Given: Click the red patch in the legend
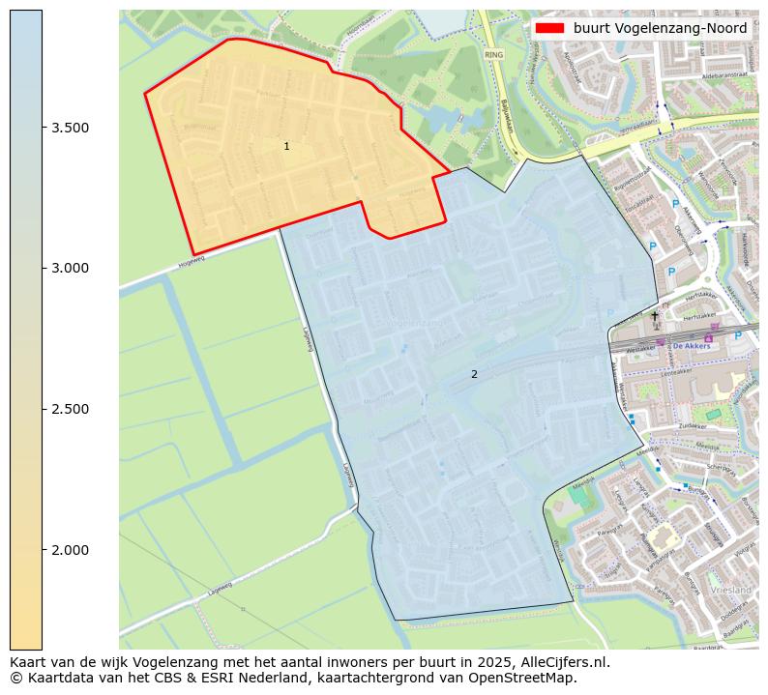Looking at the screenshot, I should (x=549, y=28).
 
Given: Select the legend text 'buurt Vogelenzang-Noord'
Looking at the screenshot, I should (x=660, y=28).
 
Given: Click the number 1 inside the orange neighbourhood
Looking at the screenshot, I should (x=286, y=146).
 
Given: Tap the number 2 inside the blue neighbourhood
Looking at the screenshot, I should (x=474, y=374).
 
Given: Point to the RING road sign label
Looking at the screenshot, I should (x=495, y=56).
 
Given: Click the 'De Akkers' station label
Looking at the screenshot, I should (x=691, y=344).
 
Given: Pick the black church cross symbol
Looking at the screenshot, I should (x=654, y=315).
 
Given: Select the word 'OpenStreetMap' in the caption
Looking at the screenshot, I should (x=528, y=678).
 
